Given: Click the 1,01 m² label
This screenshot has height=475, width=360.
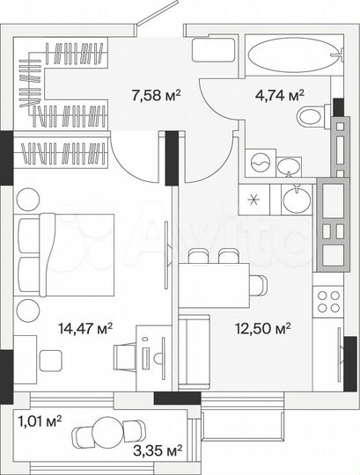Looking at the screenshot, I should [40, 420].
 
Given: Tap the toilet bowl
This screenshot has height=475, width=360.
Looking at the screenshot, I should [310, 115].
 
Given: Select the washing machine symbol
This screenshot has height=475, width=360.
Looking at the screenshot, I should [260, 164].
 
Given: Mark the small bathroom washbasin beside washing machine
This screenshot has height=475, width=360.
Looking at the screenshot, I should [288, 164].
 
